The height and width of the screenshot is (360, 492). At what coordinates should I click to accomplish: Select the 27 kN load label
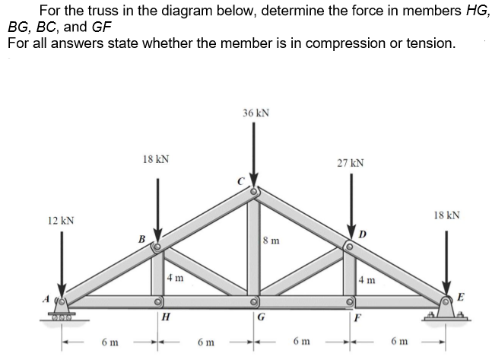[351, 163]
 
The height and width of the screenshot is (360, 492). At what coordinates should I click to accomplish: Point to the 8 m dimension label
[270, 242]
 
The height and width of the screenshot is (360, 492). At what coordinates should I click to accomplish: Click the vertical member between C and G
[254, 244]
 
